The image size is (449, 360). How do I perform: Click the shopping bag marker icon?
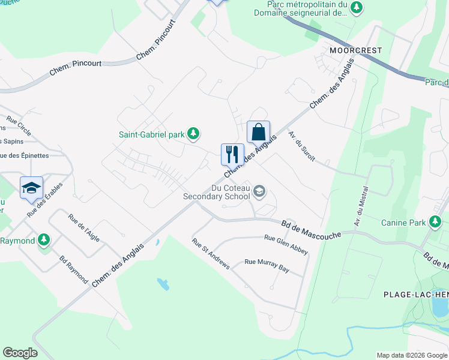click(258, 131)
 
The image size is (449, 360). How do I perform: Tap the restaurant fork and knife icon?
click(232, 154)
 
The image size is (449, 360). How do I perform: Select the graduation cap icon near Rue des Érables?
click(31, 188)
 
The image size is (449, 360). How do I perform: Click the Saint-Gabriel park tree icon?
click(193, 134)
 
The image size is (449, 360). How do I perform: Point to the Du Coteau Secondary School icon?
click(259, 191)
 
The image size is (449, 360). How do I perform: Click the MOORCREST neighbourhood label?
click(355, 50)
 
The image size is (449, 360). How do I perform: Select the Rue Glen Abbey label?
click(286, 244)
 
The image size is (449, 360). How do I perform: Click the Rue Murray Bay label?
click(267, 266)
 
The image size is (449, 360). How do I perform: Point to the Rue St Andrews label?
click(211, 254)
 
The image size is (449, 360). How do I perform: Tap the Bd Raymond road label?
click(74, 271)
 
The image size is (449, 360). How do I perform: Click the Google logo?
click(20, 353)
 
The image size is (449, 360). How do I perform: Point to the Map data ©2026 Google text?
click(411, 355)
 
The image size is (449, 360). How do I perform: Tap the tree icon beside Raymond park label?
click(43, 241)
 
